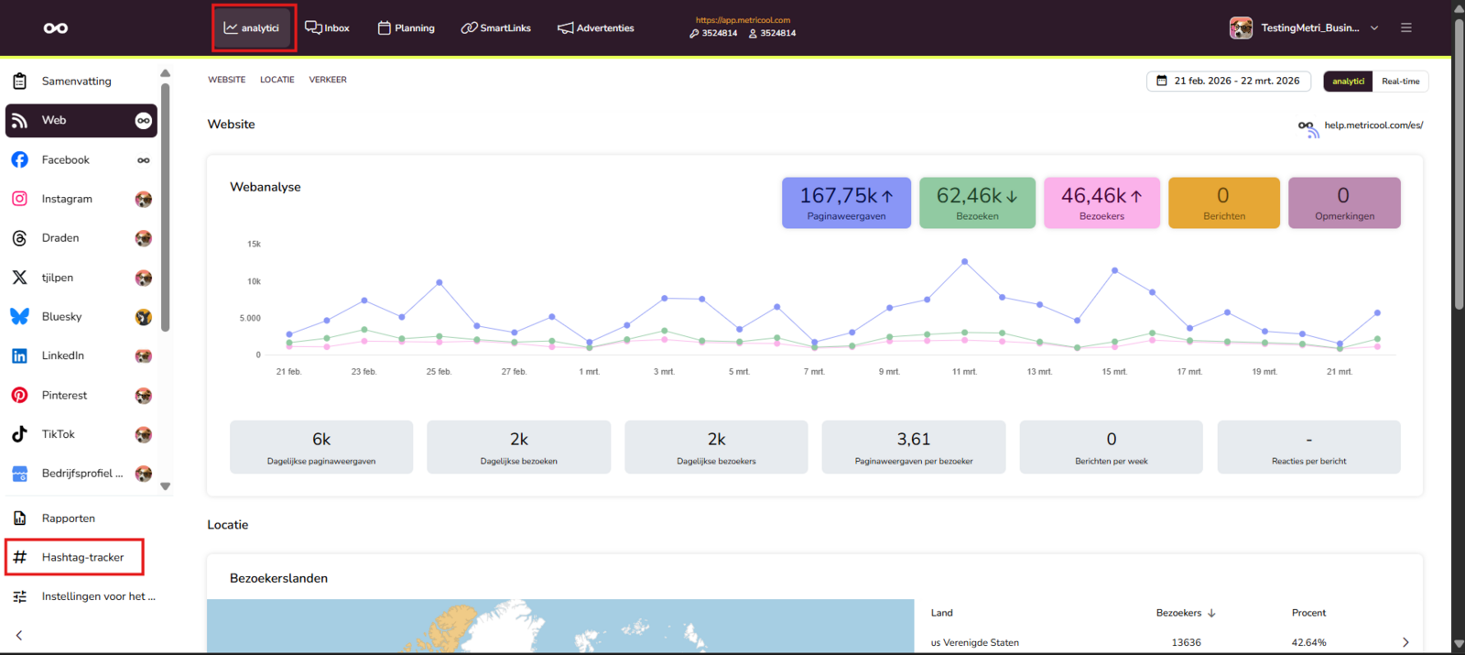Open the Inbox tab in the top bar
(x=327, y=28)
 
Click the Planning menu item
(x=407, y=28)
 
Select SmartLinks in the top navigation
(x=495, y=28)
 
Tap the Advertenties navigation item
(x=596, y=28)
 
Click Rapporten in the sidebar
(x=68, y=519)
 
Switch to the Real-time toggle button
(x=1400, y=82)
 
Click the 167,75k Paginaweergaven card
(x=846, y=202)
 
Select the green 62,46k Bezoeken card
(x=977, y=202)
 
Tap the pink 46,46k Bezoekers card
(x=1102, y=202)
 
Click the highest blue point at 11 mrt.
(x=965, y=262)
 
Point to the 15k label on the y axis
(x=254, y=244)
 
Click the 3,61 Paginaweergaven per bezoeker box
(x=914, y=447)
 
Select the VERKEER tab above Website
(x=328, y=80)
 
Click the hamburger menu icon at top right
(x=1406, y=28)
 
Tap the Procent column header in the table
(x=1308, y=613)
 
